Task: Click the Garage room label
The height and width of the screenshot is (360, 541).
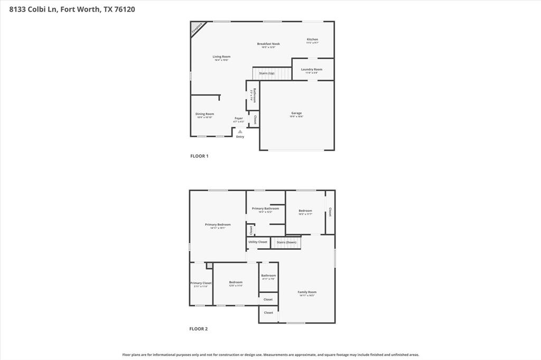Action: point(296,113)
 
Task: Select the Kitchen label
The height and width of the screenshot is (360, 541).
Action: point(313,40)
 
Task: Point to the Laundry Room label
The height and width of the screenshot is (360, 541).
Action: point(312,70)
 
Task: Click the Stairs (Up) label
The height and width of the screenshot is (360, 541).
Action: point(267,73)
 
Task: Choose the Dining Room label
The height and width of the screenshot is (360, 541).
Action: point(204,114)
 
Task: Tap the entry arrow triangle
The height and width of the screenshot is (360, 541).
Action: point(240,131)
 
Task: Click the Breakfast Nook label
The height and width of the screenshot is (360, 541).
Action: point(268,44)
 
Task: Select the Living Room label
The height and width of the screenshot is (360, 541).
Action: point(221,56)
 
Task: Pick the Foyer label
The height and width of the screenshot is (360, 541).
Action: point(239,118)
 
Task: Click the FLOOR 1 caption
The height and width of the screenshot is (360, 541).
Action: point(199,156)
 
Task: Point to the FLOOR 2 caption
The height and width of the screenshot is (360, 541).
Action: point(199,329)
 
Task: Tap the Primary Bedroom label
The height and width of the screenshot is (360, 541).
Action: point(218,225)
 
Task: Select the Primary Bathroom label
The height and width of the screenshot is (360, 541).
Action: point(265,209)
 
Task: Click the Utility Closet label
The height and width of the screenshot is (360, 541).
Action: point(258,242)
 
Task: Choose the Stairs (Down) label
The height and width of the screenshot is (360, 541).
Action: point(286,242)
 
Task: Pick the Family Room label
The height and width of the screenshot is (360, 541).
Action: point(307,292)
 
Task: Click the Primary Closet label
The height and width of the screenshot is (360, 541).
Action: point(201,283)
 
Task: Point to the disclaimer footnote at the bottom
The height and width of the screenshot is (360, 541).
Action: point(270,355)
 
